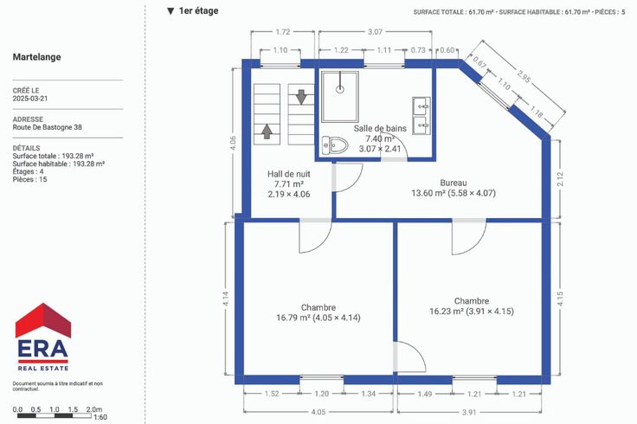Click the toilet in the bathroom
[335, 145]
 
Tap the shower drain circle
[340, 89]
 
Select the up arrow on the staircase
[267, 132]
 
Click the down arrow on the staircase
[301, 97]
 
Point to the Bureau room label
[454, 183]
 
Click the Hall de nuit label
[289, 174]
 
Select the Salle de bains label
[380, 128]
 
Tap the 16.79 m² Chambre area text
[318, 318]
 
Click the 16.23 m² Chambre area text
[472, 312]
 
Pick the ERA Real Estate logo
[43, 337]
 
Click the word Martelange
[37, 57]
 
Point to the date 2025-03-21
[30, 99]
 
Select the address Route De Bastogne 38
[47, 127]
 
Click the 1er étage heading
[199, 11]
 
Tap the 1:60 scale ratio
[100, 417]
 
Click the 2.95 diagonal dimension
[524, 76]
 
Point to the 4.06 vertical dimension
[233, 143]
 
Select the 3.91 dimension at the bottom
[469, 412]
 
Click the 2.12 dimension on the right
[561, 179]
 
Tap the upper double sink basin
[421, 106]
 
